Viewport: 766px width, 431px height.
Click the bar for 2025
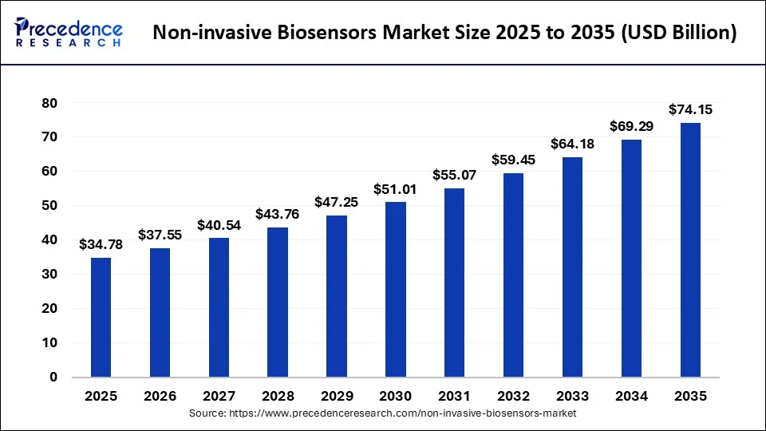point(101,317)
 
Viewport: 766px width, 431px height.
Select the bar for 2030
point(396,289)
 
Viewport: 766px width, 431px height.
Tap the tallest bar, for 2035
point(690,249)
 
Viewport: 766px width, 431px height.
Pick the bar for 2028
point(278,302)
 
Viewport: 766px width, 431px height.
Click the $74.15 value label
point(690,109)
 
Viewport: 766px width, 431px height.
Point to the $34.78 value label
point(101,244)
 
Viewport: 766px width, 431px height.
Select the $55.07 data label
point(454,175)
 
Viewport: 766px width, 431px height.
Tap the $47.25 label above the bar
point(336,202)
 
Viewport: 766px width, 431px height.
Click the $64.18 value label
point(572,144)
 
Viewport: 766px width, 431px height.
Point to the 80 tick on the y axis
point(49,103)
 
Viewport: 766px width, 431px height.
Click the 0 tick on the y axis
point(53,377)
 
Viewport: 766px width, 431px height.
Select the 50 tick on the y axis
point(49,206)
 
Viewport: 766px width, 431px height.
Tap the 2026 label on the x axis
point(160,395)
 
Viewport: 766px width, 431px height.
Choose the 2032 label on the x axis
point(513,395)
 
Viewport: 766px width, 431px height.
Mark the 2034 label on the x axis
point(631,395)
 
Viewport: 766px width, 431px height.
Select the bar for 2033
point(572,267)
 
